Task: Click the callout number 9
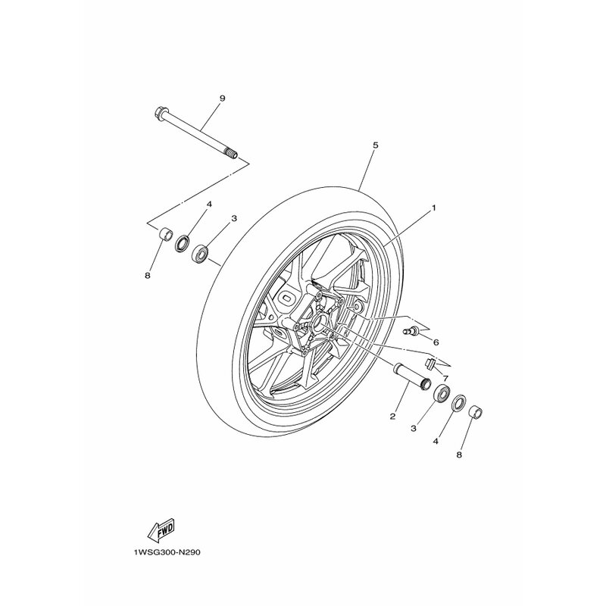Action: tap(222, 98)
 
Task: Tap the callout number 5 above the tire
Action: tap(375, 145)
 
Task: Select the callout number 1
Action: tap(433, 208)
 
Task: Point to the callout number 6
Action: tap(436, 342)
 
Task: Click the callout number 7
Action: tap(445, 377)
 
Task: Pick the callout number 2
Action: tap(392, 416)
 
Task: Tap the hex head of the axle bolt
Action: tap(159, 113)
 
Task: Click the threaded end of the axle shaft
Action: tap(232, 155)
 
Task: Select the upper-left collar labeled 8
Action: tap(166, 234)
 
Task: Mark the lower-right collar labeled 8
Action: tap(476, 412)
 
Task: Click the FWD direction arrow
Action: tap(161, 529)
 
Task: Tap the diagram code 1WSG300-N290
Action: tap(167, 552)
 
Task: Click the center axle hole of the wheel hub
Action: tap(320, 320)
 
